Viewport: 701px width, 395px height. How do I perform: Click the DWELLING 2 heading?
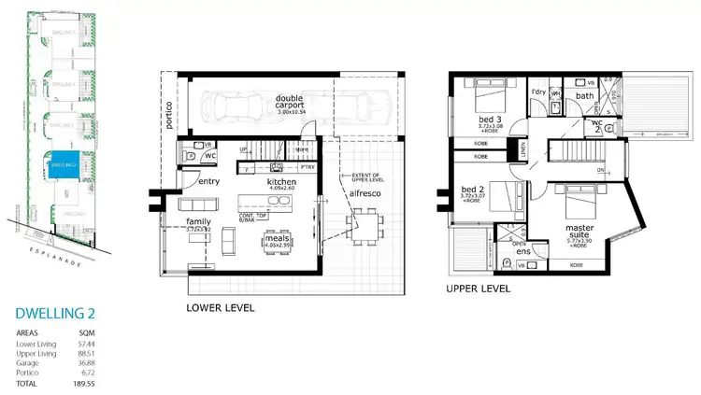[58, 316]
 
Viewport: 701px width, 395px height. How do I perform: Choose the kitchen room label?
[281, 182]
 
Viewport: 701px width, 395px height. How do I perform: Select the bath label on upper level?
[584, 95]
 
